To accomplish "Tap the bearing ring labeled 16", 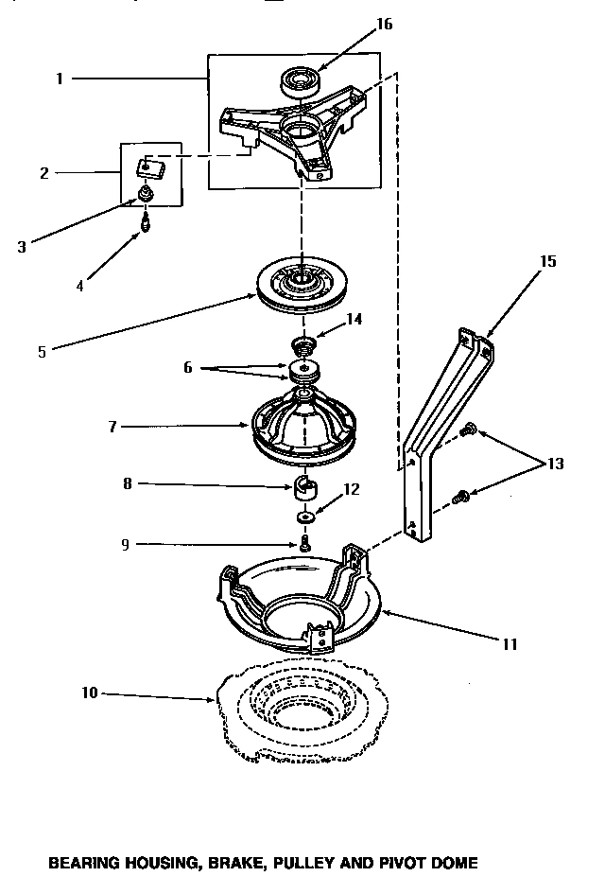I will pos(301,83).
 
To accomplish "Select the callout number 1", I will pos(59,79).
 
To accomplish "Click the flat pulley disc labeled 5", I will pos(301,285).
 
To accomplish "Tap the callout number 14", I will pos(354,320).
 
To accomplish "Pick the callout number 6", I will pos(187,367).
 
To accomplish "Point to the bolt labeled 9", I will pos(305,543).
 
